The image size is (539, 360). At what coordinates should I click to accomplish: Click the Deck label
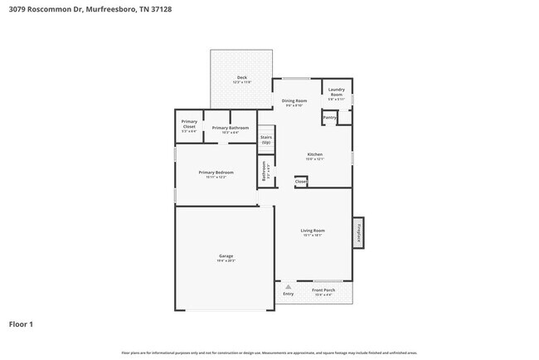tap(241, 78)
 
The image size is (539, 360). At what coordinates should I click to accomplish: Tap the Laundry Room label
tap(336, 90)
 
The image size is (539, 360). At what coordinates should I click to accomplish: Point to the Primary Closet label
tap(189, 125)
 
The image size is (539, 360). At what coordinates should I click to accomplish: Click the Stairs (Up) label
tap(266, 139)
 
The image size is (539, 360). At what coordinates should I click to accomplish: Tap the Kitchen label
tap(315, 154)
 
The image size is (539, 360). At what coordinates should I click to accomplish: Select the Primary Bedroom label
tap(216, 173)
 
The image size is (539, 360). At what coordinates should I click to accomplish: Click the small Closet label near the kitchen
tap(300, 181)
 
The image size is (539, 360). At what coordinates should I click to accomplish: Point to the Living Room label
tap(312, 231)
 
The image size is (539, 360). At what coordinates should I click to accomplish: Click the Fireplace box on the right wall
tap(358, 232)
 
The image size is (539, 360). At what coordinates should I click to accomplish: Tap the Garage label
tap(226, 256)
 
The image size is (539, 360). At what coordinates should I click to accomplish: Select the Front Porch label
tap(323, 290)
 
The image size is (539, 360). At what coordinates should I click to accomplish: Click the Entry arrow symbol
tap(288, 286)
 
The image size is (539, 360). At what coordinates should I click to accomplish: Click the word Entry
tap(288, 294)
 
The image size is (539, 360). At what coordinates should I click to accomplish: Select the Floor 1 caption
tap(21, 324)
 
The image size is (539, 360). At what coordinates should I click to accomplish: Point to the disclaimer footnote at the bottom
tap(269, 353)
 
